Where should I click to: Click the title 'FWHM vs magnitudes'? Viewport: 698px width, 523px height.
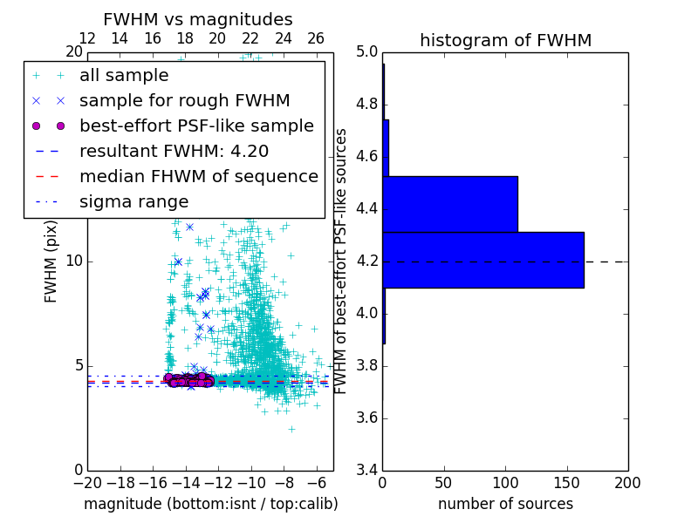[197, 19]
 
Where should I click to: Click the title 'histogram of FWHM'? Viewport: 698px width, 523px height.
[505, 40]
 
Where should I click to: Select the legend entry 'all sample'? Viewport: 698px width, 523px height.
[124, 76]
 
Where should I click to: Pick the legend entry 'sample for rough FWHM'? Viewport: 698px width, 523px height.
[184, 100]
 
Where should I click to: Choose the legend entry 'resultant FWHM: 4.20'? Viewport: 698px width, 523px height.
[174, 151]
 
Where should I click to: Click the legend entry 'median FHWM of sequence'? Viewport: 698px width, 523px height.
[198, 176]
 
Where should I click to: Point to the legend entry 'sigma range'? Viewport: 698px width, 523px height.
[133, 201]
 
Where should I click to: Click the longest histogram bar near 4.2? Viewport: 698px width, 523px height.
[483, 260]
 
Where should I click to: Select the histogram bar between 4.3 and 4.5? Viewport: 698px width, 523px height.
[450, 204]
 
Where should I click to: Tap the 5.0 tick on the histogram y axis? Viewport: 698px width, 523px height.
[367, 52]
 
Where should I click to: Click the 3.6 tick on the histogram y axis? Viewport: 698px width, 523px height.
[367, 418]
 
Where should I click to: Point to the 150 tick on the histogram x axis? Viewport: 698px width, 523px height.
[566, 482]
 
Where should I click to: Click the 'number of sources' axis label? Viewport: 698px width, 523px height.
[505, 504]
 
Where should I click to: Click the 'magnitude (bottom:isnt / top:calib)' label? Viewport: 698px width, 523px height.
[210, 504]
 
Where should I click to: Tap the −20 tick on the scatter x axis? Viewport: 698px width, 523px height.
[87, 482]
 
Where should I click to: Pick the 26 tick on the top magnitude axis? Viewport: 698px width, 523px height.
[316, 38]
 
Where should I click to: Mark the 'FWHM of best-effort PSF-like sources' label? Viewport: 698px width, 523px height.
[341, 261]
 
